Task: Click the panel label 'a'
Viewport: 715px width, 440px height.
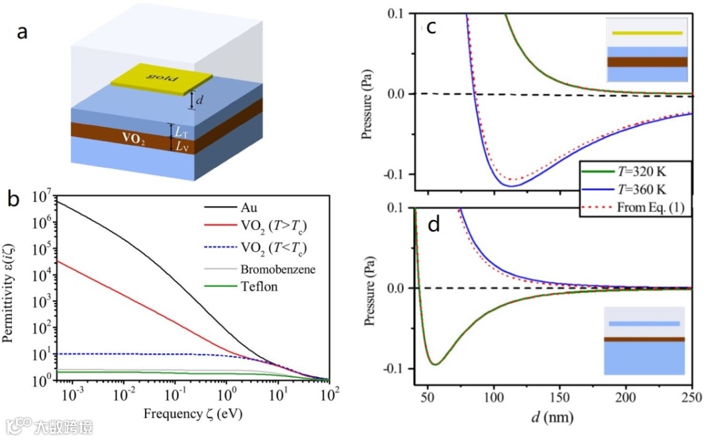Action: (22, 32)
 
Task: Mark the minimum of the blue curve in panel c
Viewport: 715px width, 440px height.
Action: (511, 186)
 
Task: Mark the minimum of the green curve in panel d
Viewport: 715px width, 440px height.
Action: (434, 364)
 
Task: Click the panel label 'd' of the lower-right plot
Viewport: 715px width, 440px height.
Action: (433, 225)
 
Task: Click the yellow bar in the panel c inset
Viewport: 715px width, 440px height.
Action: (647, 32)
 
